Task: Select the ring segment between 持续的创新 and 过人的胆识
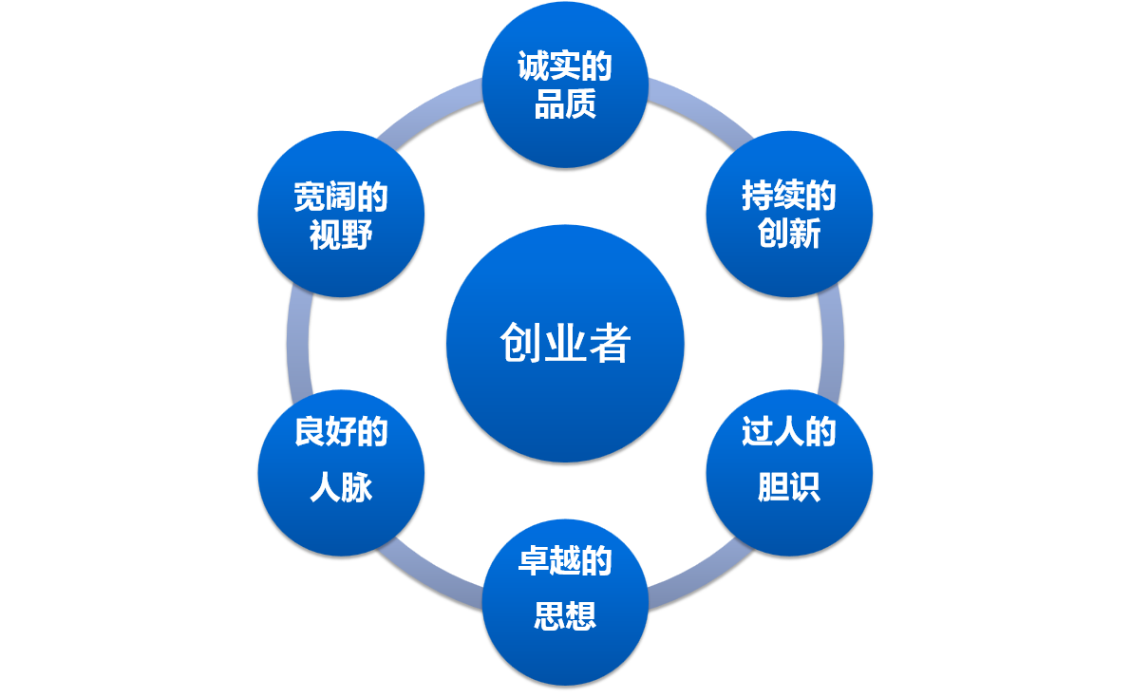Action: click(832, 344)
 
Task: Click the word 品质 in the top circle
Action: click(565, 104)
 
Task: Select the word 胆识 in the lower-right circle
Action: click(789, 488)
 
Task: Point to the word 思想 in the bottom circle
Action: click(565, 617)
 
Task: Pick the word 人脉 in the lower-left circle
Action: click(341, 488)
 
